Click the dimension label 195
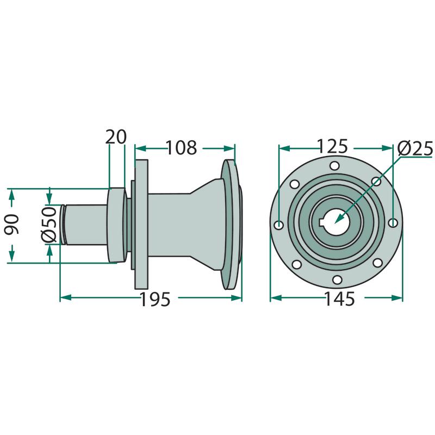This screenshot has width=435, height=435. [x=155, y=299]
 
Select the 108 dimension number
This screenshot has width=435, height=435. [x=182, y=147]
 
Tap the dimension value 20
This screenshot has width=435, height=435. [x=116, y=136]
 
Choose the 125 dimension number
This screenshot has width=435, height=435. [x=332, y=146]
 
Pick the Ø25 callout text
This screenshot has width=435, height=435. [x=415, y=149]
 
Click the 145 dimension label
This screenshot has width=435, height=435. [x=339, y=299]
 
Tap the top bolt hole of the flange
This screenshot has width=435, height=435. [x=335, y=166]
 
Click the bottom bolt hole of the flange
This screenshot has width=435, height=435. [x=337, y=280]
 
